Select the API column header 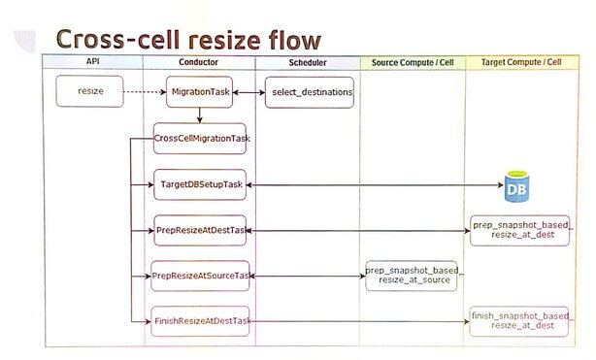tap(94, 62)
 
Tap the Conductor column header tap(198, 62)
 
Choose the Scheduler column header tap(307, 62)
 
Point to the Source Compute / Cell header tap(413, 62)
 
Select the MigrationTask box tap(199, 92)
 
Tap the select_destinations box tap(309, 92)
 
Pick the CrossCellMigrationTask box tap(201, 139)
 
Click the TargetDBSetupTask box tap(200, 184)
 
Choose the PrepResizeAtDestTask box tap(201, 230)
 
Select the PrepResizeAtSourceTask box tap(201, 276)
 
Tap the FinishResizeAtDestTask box tap(201, 320)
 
